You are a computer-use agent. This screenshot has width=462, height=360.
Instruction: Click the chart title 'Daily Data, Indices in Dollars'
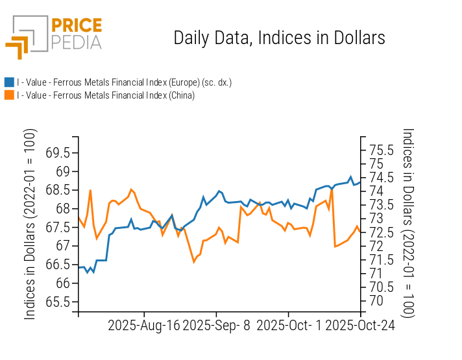279,38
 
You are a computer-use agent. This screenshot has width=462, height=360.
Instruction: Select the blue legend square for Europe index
9,82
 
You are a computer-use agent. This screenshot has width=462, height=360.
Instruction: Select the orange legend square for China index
9,95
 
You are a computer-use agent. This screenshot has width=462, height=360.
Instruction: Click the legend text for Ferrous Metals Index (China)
106,95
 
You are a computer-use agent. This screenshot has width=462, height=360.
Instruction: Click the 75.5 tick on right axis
382,150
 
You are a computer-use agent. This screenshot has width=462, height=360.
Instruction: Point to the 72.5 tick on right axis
382,232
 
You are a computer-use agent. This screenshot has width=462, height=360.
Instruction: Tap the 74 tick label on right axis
376,191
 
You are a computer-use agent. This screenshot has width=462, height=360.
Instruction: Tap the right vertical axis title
407,222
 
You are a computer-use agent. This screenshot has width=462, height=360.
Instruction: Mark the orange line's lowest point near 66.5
193,261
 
